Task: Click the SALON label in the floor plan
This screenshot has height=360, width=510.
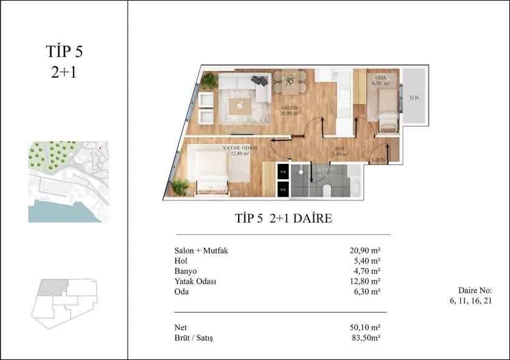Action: [290, 107]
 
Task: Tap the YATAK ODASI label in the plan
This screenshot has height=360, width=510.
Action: [240, 148]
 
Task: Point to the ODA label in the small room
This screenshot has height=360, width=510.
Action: [381, 78]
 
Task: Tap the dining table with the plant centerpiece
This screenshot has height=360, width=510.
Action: [290, 82]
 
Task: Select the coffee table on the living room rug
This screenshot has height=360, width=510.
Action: [240, 105]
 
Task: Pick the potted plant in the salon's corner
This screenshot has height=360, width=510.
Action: [209, 80]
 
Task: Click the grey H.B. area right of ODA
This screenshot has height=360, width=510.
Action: [415, 97]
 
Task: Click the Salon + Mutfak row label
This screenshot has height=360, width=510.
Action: [200, 250]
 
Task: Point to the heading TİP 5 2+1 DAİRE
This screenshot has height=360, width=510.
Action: [283, 218]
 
